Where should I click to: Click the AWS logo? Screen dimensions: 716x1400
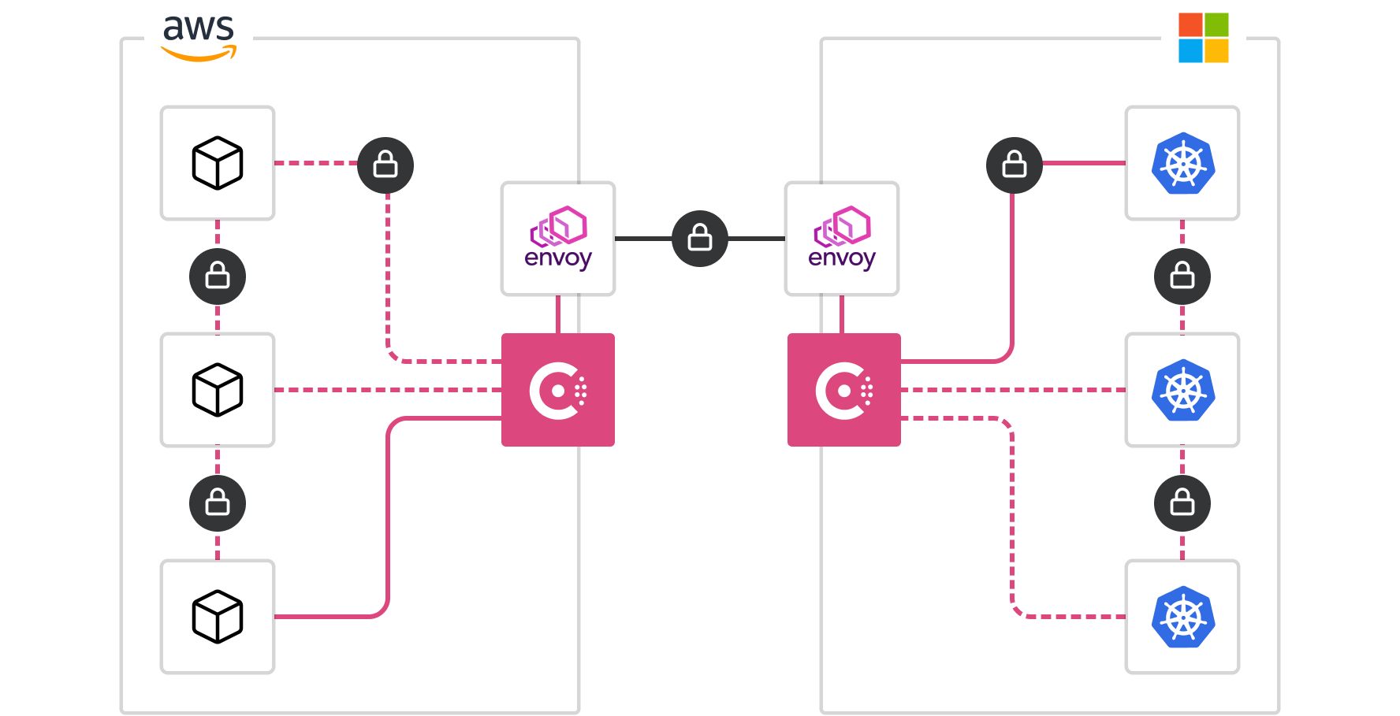click(x=199, y=37)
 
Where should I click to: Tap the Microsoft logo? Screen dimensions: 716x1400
click(x=1203, y=38)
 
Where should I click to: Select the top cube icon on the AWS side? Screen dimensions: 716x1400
click(x=218, y=163)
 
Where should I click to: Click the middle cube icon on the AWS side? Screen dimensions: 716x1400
click(x=218, y=390)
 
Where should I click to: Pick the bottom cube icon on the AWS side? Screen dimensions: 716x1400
click(x=218, y=617)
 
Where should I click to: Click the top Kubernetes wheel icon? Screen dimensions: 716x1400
click(x=1182, y=163)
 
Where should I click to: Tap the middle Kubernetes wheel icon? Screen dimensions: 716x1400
click(x=1182, y=390)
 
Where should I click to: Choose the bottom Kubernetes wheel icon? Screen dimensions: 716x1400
click(x=1182, y=617)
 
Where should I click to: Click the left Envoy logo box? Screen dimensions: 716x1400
click(x=558, y=239)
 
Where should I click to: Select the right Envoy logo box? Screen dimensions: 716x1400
click(x=842, y=239)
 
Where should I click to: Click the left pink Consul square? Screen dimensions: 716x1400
click(x=558, y=390)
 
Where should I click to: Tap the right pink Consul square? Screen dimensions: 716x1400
click(x=844, y=390)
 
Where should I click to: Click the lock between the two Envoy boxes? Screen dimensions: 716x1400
click(x=700, y=239)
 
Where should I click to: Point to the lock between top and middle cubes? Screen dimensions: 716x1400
click(x=218, y=276)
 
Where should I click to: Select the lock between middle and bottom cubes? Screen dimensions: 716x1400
click(x=218, y=503)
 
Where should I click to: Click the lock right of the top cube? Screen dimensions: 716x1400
click(x=385, y=165)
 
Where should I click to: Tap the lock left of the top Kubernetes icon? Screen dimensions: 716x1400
click(x=1015, y=165)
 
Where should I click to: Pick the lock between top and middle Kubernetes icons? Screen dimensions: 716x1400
click(x=1182, y=276)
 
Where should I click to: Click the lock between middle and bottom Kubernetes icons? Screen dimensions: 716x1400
click(x=1182, y=503)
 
